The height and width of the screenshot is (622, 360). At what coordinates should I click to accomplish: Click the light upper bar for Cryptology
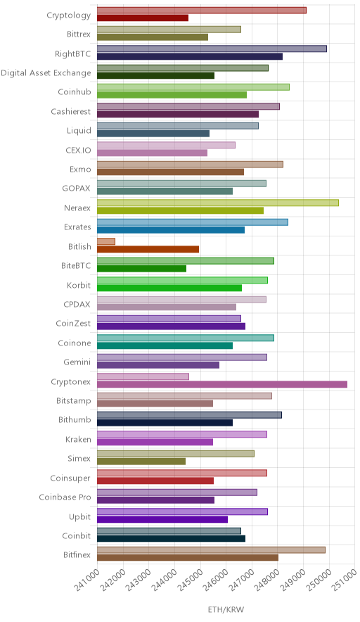point(201,11)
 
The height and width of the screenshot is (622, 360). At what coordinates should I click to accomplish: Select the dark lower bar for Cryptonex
point(222,384)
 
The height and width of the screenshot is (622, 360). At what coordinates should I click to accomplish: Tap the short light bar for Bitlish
point(106,241)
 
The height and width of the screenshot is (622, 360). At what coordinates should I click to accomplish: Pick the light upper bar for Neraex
point(218,203)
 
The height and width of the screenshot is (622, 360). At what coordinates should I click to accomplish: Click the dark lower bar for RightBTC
point(190,56)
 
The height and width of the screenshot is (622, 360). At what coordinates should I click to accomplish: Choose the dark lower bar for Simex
point(141,462)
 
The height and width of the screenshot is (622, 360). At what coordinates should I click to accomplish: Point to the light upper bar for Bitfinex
point(211,550)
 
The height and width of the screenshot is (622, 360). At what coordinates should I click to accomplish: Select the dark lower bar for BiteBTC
point(141,269)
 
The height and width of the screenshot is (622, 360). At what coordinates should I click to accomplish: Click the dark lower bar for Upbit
point(162,519)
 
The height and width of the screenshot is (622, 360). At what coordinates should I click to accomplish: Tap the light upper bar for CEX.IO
point(166,145)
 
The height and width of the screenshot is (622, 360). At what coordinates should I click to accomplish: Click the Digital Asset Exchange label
point(46,73)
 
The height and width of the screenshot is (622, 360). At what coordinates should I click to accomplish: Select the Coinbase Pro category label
point(65,497)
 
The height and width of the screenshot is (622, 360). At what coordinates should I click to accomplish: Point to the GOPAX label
point(76,189)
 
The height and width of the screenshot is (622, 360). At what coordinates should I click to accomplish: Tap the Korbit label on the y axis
point(79,285)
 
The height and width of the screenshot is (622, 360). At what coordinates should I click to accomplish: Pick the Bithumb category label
point(75,419)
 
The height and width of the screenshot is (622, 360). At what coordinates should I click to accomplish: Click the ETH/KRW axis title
point(226,610)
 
